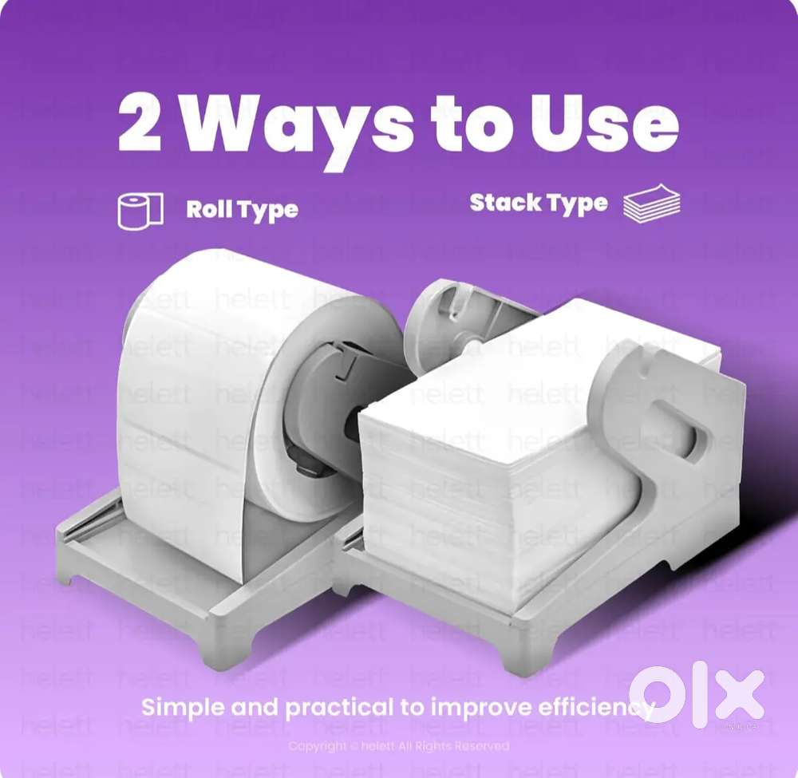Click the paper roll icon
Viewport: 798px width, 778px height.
140,211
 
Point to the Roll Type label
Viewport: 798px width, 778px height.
242,210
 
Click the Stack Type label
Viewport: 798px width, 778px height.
538,203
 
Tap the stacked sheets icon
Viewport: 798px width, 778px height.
651,204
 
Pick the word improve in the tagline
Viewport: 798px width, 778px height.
472,707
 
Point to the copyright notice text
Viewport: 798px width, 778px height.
398,746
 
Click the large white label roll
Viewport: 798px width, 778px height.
199,399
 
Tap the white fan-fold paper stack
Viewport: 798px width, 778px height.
495,447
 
